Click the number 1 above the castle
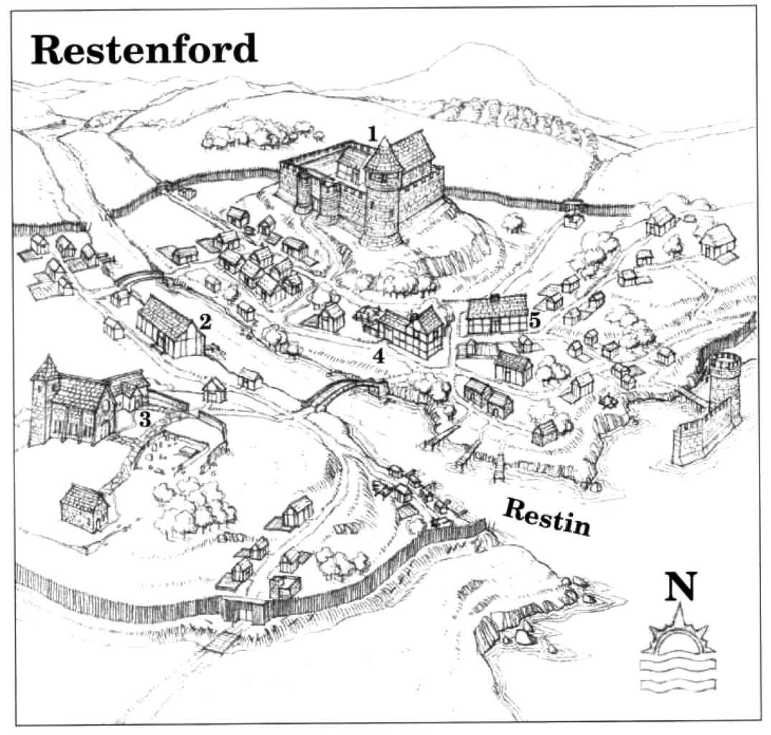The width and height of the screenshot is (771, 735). click(x=372, y=133)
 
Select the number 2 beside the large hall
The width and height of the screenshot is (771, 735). click(x=205, y=322)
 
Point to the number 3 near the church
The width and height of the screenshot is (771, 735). click(x=144, y=421)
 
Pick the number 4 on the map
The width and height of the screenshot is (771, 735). click(x=378, y=355)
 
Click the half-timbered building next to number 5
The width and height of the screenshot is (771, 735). click(x=495, y=317)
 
